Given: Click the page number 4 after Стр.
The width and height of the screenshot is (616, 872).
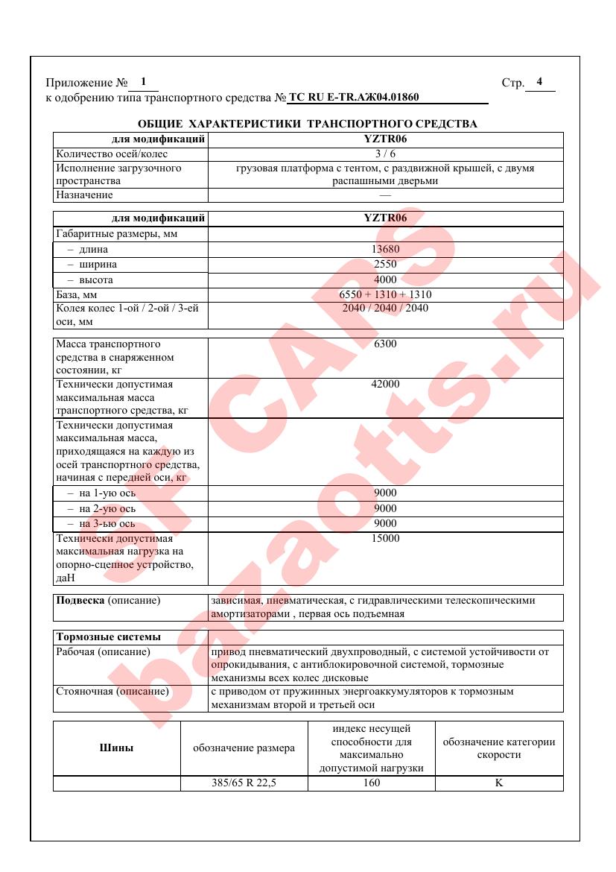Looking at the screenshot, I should point(539,82).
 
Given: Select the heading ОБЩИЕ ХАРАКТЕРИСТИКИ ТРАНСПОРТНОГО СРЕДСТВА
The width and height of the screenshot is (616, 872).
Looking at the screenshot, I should point(308,124).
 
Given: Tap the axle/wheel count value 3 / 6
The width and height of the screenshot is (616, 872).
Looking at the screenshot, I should point(385,154).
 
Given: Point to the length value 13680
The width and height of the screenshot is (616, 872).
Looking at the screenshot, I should point(385,250).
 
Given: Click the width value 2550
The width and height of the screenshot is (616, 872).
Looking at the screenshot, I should point(385,265).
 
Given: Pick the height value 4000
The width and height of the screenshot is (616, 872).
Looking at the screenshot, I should point(385,280).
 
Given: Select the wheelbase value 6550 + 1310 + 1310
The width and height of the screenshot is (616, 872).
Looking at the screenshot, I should point(385,294).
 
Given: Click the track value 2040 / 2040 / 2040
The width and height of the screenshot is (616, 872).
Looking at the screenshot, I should point(385,308).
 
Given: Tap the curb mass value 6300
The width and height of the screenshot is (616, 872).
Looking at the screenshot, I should point(385,344).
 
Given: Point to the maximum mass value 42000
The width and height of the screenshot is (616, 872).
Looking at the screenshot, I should point(385,384).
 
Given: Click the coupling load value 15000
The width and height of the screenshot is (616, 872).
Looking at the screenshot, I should point(385,539).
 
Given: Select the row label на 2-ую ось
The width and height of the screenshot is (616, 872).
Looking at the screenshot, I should point(101,509).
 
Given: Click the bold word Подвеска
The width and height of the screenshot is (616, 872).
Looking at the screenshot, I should point(80,601).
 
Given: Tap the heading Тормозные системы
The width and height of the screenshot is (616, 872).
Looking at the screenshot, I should point(109,637).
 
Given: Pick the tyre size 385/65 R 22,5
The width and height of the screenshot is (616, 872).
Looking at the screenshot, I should point(244,783).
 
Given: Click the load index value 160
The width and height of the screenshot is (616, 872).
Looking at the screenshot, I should point(371,783).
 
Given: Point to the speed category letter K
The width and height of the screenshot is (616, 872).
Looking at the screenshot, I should point(499,783).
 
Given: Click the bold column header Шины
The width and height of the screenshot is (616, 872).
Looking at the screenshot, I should point(117,748).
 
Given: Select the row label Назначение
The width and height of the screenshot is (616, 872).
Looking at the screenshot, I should point(85,195).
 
